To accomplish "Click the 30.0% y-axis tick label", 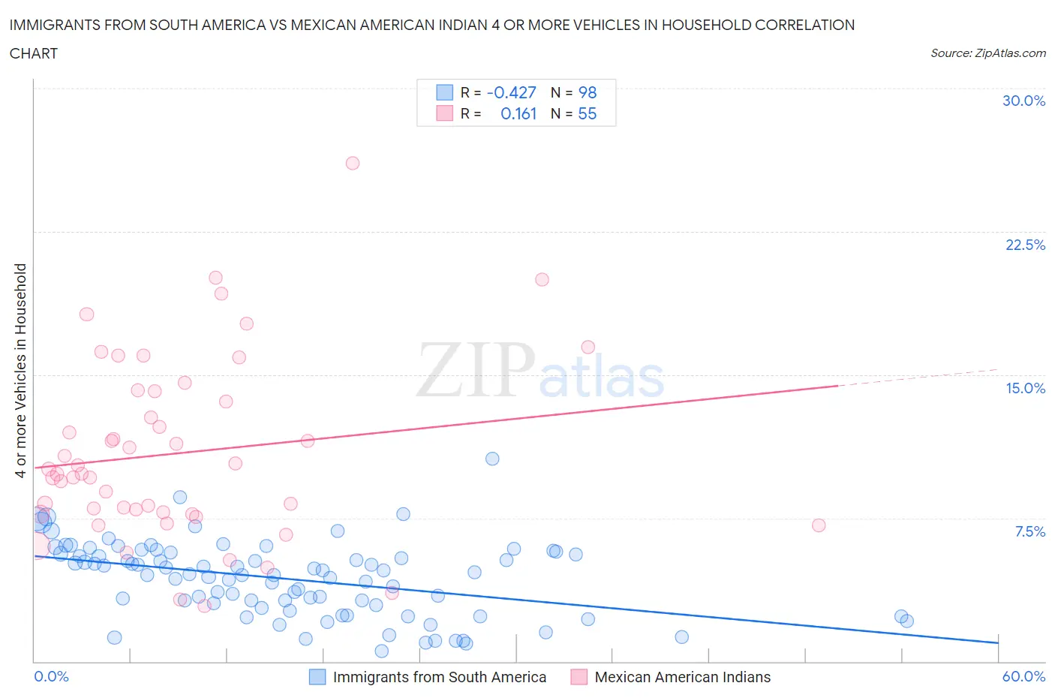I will tap(1023, 101).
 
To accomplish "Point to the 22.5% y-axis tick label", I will tap(1025, 245).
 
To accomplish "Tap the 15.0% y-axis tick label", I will tap(1025, 388).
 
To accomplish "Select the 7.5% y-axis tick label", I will tap(1029, 531).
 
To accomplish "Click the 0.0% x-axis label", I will tap(51, 676).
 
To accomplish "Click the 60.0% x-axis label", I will tap(1023, 676).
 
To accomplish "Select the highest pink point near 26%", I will tap(352, 163).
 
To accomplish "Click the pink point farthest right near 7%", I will tap(819, 525).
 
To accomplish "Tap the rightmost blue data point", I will tap(906, 621).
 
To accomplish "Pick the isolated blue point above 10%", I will tap(492, 459).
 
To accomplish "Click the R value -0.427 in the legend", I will tap(511, 92).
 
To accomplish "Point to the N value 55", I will tap(587, 113).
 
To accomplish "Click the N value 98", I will tap(587, 92).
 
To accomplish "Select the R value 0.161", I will tap(518, 113).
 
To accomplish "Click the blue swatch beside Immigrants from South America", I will tap(317, 677).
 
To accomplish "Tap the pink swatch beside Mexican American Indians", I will tap(579, 677).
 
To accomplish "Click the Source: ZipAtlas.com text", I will tap(987, 53).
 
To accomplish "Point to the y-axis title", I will tap(21, 370).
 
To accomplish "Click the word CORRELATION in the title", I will tap(804, 25).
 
